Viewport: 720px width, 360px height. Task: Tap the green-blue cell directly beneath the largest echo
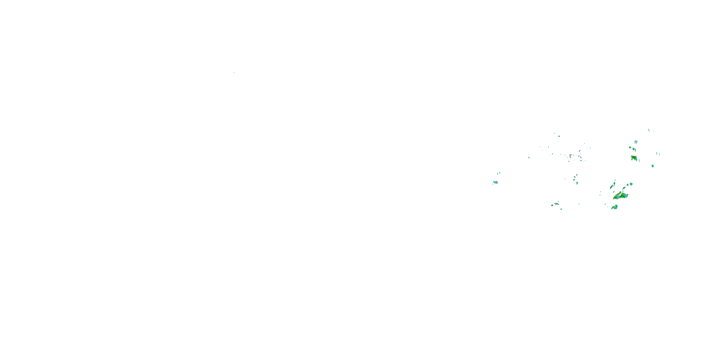tap(614, 207)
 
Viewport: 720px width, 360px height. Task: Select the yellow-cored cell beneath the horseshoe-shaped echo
tap(634, 158)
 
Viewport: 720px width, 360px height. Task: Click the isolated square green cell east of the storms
tap(652, 166)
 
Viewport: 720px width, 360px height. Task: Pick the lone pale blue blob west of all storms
tap(495, 182)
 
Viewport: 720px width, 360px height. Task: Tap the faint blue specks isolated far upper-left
tap(236, 72)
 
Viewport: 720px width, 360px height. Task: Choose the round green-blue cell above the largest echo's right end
tap(631, 184)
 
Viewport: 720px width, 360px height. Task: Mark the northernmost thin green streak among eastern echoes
tap(649, 130)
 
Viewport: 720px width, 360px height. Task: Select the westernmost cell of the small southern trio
tap(552, 205)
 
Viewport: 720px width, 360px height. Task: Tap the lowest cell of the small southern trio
tap(561, 209)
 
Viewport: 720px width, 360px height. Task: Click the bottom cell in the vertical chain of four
tap(577, 183)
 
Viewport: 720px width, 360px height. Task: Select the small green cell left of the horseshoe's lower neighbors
tap(630, 148)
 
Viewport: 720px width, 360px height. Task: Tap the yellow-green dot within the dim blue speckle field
tap(570, 155)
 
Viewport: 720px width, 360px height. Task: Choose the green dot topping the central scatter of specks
tap(559, 136)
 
